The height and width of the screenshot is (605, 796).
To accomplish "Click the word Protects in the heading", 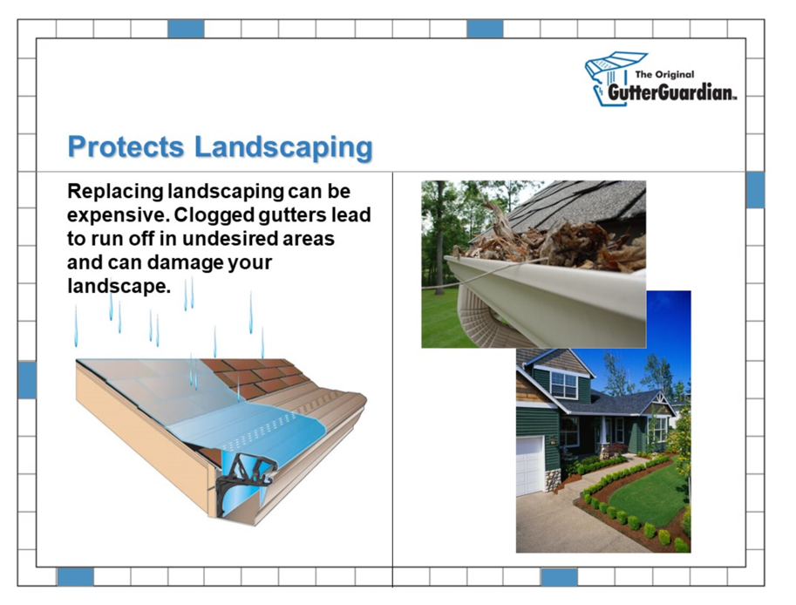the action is (x=126, y=146).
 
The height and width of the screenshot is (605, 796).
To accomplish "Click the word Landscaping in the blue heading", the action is (x=283, y=148).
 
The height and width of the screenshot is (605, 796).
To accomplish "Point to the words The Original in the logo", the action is (x=664, y=74).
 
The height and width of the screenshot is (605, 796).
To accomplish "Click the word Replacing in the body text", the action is (x=115, y=192).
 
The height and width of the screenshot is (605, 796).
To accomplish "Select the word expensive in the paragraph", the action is (x=118, y=215).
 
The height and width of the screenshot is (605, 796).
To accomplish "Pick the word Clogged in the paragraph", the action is (x=214, y=215).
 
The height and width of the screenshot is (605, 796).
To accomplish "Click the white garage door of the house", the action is (x=529, y=466).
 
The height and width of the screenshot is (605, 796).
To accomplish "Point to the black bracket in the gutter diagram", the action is (x=246, y=482).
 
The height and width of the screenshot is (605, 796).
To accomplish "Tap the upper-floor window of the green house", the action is (x=563, y=384).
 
